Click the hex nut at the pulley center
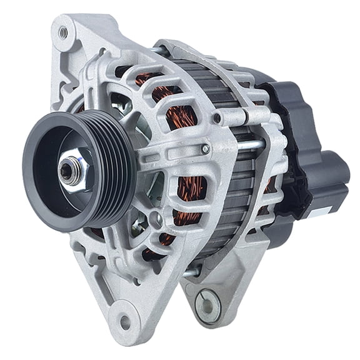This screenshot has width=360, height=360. [70, 169]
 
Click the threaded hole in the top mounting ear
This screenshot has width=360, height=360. [63, 30]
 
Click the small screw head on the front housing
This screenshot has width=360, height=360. [206, 149]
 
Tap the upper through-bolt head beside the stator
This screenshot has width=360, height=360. [217, 117]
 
